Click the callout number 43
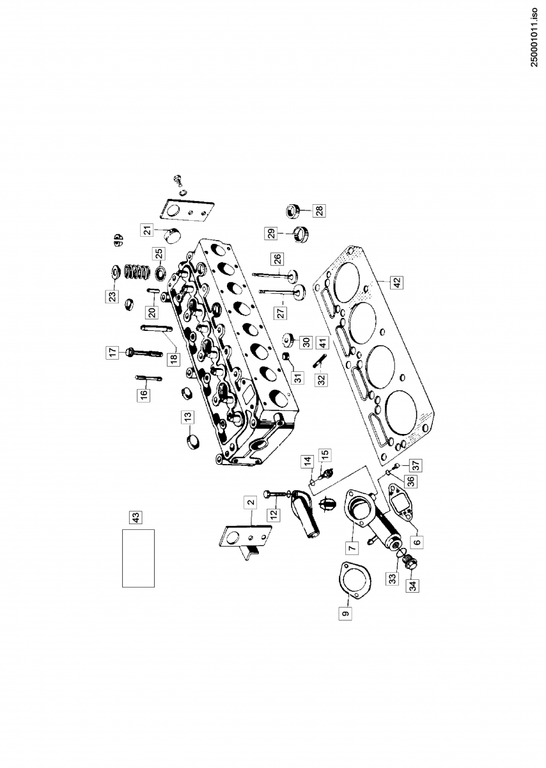coord(135,516)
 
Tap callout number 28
coord(318,209)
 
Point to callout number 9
coord(346,614)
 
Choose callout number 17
coord(113,351)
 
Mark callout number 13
coord(187,417)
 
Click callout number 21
coord(146,230)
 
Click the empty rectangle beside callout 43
coord(138,558)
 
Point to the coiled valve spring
coord(136,273)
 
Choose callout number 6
coord(417,541)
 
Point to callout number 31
coord(298,378)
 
